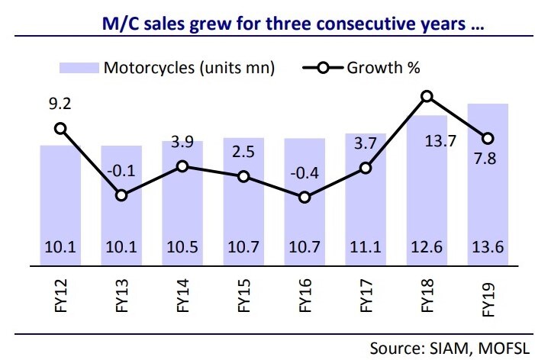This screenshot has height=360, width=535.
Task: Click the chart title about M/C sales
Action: coord(294,24)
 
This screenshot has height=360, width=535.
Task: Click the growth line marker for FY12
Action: coord(60,129)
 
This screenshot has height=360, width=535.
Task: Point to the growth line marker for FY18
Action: coord(427,96)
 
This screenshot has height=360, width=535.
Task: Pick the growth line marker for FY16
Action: coord(305,197)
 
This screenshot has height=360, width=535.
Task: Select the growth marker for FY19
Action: coord(488,138)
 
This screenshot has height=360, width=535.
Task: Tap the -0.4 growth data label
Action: coord(305,171)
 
